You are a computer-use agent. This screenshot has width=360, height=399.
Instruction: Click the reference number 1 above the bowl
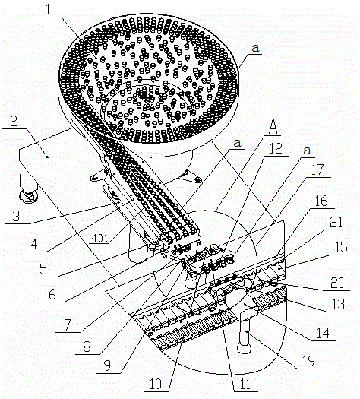pyautogui.click(x=48, y=9)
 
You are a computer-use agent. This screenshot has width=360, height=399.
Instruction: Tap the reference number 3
pyautogui.click(x=16, y=216)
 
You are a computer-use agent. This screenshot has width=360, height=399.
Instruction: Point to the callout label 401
pyautogui.click(x=99, y=239)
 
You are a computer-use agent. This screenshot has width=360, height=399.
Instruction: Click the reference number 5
pyautogui.click(x=43, y=269)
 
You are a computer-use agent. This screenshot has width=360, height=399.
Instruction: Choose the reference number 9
pyautogui.click(x=107, y=366)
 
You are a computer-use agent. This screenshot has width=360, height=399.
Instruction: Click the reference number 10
pyautogui.click(x=155, y=384)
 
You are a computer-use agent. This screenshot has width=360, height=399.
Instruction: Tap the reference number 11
pyautogui.click(x=245, y=384)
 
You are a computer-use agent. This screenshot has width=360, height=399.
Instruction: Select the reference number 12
pyautogui.click(x=276, y=148)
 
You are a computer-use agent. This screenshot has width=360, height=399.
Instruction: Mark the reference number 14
pyautogui.click(x=323, y=333)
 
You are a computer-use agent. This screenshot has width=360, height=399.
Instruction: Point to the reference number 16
pyautogui.click(x=321, y=201)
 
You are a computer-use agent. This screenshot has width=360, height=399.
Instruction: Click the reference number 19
pyautogui.click(x=308, y=361)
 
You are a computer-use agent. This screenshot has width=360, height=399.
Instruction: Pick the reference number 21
pyautogui.click(x=336, y=223)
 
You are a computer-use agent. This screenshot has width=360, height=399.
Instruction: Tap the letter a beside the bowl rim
pyautogui.click(x=255, y=48)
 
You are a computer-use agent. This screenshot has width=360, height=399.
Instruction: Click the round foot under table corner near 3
pyautogui.click(x=28, y=197)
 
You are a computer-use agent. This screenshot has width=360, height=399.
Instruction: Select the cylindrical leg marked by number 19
pyautogui.click(x=245, y=335)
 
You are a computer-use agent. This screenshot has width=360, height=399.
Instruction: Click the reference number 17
pyautogui.click(x=317, y=169)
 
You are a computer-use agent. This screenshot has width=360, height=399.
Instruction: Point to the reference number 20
pyautogui.click(x=337, y=283)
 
